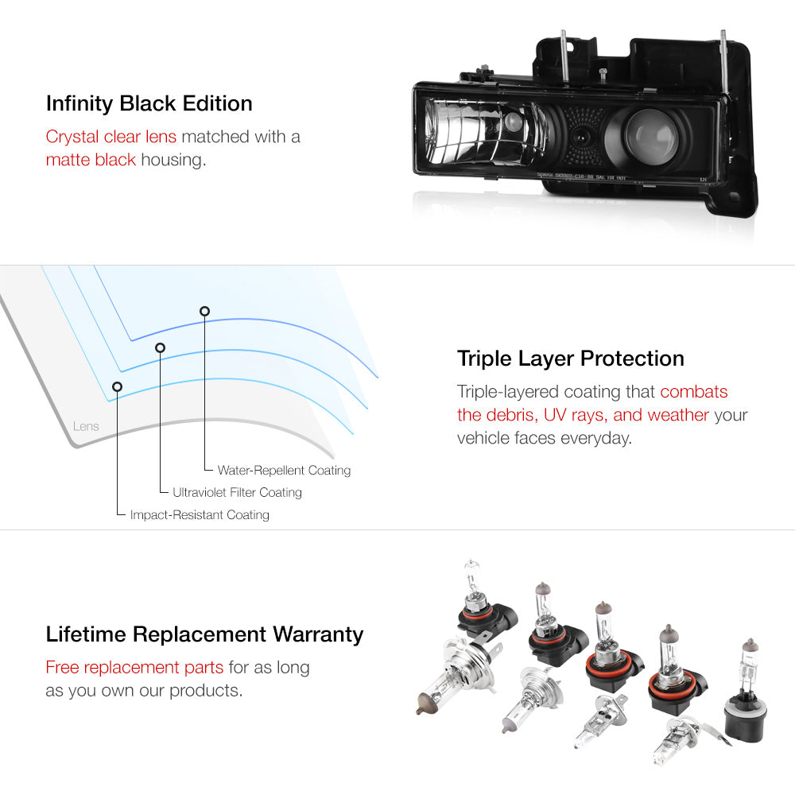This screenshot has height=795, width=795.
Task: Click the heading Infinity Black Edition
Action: coord(149,104)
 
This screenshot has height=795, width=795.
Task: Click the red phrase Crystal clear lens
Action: coord(111,137)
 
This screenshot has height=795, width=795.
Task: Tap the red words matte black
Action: coord(91,160)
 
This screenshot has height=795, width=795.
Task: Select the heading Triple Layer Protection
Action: coord(570,359)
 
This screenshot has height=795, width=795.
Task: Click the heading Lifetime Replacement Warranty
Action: coord(204,634)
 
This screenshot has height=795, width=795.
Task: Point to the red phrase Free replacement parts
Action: coord(135,668)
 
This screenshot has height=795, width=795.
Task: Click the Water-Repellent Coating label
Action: coord(284,471)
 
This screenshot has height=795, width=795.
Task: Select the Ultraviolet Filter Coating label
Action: coord(237,493)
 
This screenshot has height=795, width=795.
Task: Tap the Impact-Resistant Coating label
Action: coord(200,515)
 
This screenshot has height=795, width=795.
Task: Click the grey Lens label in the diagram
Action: coord(86,427)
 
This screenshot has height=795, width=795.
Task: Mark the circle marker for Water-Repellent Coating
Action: coord(204,311)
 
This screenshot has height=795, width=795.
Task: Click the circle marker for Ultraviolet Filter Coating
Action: coord(160,347)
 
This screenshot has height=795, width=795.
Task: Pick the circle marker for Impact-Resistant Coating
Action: coord(118,387)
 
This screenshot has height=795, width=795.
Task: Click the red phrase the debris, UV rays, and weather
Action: coord(583,415)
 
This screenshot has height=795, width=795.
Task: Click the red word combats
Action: coord(693,392)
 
